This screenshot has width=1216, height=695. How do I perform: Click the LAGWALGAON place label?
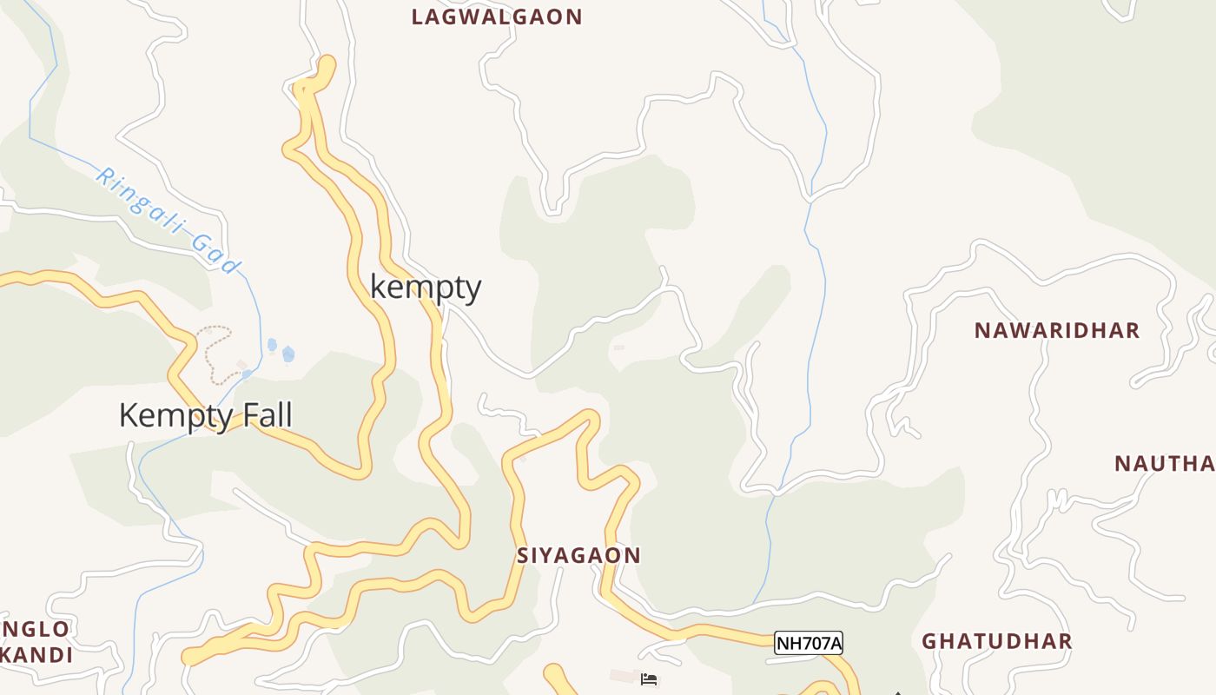(x=497, y=17)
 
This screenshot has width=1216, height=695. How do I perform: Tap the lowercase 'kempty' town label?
(x=426, y=287)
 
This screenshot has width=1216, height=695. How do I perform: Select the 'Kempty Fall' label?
(x=205, y=415)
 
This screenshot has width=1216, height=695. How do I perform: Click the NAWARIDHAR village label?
(x=1056, y=331)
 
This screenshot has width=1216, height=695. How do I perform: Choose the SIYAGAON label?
(x=578, y=555)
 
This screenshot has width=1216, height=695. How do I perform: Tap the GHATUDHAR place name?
(x=996, y=642)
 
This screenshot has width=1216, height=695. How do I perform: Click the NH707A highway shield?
(x=808, y=643)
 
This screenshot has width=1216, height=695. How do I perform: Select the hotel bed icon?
(x=649, y=678)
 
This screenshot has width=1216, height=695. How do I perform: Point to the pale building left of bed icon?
(x=623, y=676)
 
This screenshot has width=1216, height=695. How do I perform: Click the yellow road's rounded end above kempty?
(x=327, y=63)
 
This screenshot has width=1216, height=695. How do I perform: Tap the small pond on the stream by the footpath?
(x=288, y=354)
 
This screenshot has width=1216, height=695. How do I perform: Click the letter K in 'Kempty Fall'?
(x=129, y=415)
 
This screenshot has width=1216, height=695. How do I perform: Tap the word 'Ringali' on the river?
(x=139, y=201)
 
